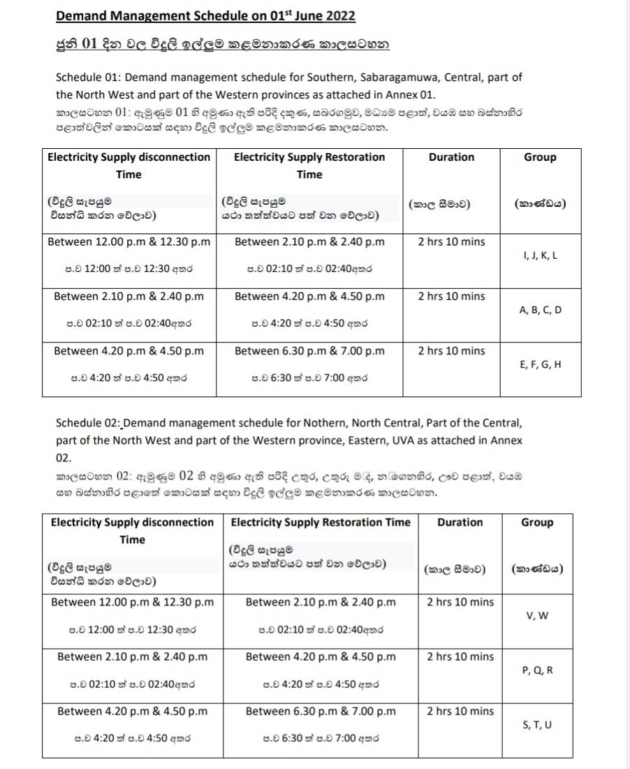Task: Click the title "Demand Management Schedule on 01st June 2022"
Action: pos(205,16)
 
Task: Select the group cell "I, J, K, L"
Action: pos(540,256)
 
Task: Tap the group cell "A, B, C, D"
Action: pos(540,310)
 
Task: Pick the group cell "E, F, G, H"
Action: pos(540,364)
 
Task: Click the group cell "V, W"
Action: pos(537,616)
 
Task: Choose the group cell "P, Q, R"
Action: pos(537,670)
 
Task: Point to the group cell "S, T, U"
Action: pos(537,725)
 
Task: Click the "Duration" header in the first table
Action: pos(451,157)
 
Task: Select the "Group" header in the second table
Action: pos(537,522)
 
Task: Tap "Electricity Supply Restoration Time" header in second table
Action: pos(321,522)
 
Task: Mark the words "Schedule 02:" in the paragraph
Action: pos(88,423)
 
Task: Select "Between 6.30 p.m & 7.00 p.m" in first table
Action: pos(309,351)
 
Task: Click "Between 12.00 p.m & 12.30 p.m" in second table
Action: pos(133,602)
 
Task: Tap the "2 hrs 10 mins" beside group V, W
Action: pos(460,602)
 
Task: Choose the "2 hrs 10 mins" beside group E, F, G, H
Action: pos(451,351)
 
